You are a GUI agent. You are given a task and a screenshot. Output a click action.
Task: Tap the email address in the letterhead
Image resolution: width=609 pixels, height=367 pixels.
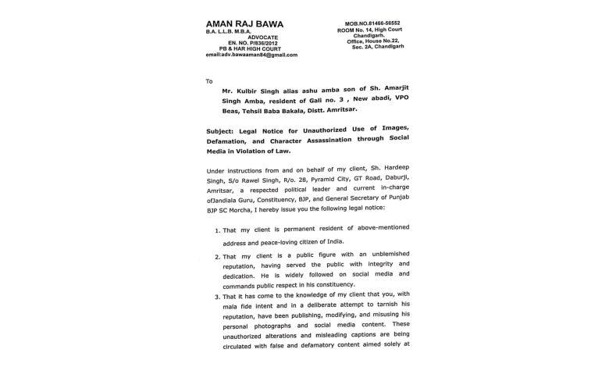point(251,55)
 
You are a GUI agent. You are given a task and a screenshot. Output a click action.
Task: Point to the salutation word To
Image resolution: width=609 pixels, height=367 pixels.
point(209,81)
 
